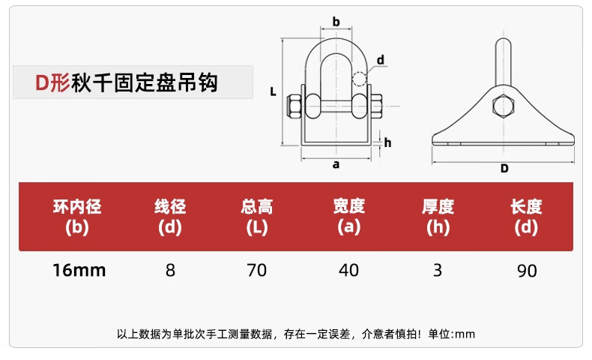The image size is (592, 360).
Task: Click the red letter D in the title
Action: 43,82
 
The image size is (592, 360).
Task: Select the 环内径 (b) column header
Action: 77,216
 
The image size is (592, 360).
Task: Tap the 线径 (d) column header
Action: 170,216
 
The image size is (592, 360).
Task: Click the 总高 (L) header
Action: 257,216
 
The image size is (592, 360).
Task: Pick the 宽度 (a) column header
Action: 348,216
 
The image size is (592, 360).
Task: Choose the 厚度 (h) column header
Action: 438,216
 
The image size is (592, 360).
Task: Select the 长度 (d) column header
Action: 526,216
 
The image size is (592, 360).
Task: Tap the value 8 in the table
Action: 170,270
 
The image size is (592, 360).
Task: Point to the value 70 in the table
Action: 257,270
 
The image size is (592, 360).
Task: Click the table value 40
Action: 348,270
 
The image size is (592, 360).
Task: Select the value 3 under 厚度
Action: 438,270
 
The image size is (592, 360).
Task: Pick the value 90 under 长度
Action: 527,270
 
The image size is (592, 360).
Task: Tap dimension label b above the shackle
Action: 336,22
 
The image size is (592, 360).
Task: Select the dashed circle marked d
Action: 360,79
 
